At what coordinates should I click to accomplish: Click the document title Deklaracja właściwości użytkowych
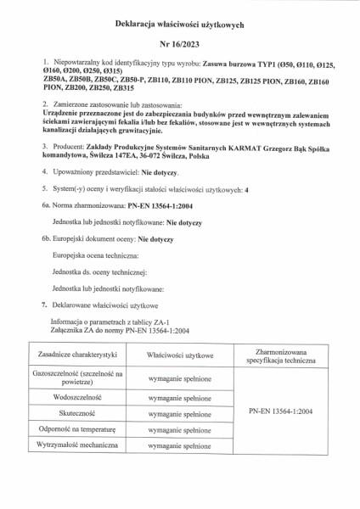coord(179,27)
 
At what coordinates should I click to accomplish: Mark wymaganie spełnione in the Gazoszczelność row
coord(179,377)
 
